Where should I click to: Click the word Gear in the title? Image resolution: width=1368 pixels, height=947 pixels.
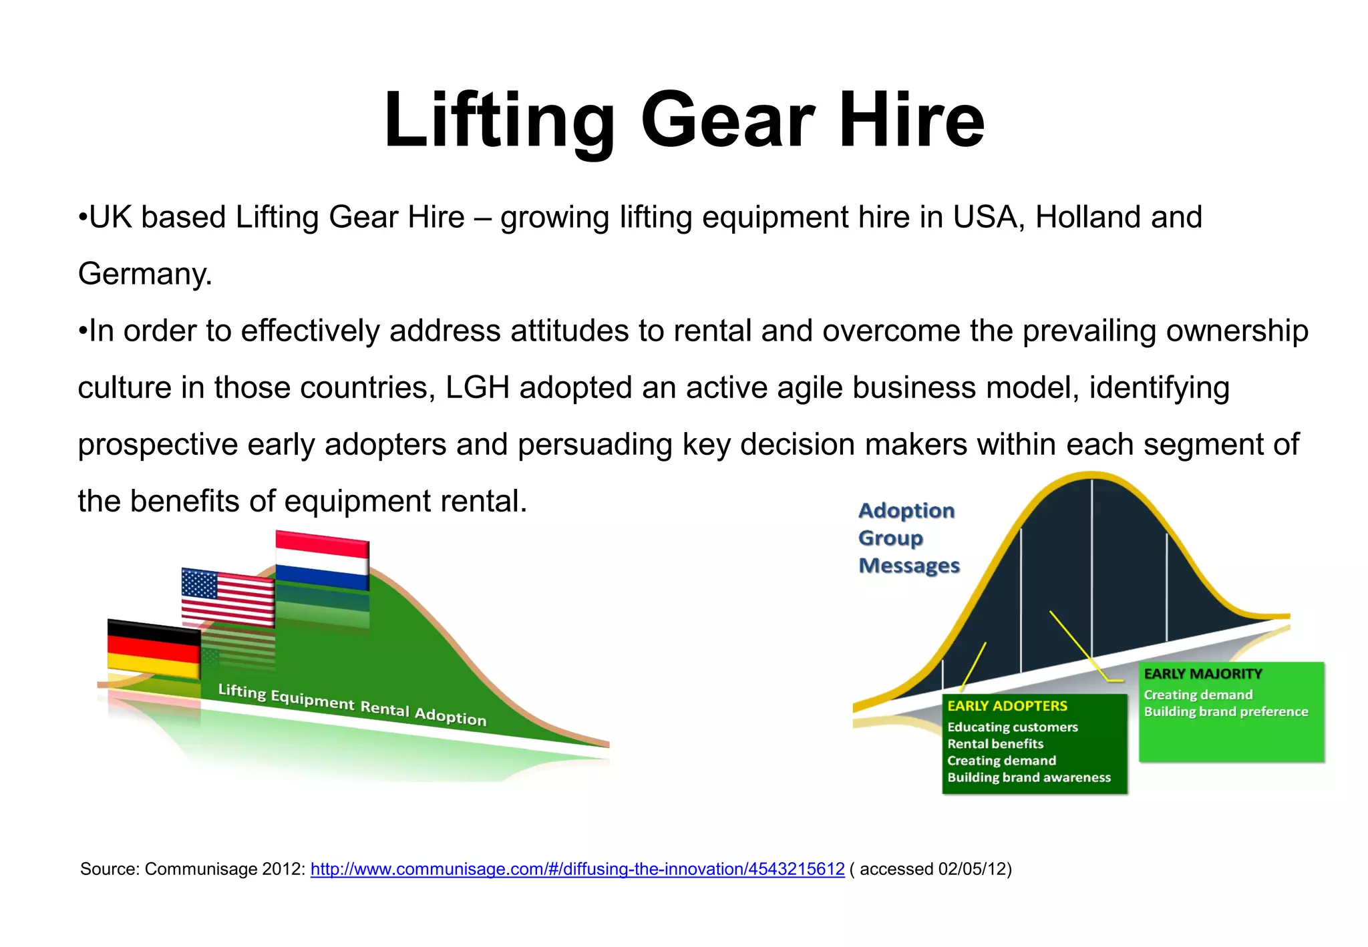[x=727, y=120]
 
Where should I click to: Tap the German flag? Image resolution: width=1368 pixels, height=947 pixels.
[x=154, y=648]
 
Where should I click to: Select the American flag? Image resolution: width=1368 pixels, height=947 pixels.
[x=228, y=596]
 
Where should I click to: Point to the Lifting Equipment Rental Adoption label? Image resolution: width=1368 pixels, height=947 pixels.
[x=352, y=705]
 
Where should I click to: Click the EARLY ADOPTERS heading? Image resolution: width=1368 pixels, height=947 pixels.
[x=1007, y=706]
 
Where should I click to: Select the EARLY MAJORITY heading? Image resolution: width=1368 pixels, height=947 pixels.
[x=1202, y=674]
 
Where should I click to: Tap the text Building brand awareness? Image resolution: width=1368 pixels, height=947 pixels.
[x=1029, y=777]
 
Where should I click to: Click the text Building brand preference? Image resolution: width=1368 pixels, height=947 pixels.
[x=1225, y=712]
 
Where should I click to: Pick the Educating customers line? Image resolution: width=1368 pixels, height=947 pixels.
[x=1012, y=727]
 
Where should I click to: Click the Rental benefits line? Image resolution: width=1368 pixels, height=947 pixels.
[x=995, y=744]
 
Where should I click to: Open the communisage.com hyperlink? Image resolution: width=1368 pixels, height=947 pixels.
[x=577, y=869]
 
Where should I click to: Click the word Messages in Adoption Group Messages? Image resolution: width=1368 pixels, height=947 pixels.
[x=908, y=566]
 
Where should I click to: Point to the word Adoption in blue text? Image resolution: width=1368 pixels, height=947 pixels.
[x=906, y=511]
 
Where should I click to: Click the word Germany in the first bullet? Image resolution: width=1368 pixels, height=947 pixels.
[x=144, y=274]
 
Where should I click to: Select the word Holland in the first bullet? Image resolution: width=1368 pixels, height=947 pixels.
[x=1078, y=217]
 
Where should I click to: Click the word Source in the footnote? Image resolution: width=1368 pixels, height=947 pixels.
[x=108, y=869]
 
